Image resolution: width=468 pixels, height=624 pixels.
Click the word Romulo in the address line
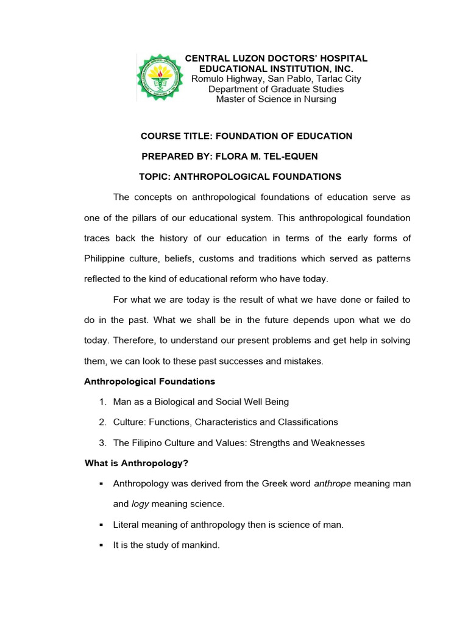209,79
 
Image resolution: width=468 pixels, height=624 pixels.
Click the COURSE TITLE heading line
247,136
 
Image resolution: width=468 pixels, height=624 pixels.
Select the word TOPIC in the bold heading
157,177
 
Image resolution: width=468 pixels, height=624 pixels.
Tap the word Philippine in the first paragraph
104,259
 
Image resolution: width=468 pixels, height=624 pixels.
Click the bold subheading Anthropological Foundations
149,381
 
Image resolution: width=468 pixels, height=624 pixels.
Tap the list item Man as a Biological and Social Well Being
201,402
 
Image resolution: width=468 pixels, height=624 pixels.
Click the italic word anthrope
333,484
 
